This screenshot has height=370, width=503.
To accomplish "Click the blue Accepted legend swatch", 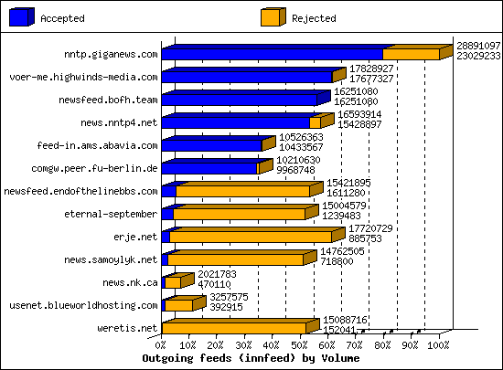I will (x=22, y=17).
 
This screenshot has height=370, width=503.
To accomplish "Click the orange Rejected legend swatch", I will (x=272, y=17).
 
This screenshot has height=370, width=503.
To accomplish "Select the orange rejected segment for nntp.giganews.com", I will (x=411, y=54).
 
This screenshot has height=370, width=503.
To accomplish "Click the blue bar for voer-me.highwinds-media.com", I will (x=246, y=77).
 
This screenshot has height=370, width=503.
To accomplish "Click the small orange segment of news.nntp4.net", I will (x=315, y=122).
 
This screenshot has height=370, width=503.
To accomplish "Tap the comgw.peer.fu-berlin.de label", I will (x=107, y=168).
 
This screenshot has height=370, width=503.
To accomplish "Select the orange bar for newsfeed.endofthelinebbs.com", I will (x=242, y=191).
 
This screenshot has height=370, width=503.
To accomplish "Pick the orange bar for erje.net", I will (x=249, y=237).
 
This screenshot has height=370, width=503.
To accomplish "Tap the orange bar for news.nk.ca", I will (x=172, y=282).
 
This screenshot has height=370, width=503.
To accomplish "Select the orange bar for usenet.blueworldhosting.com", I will (x=178, y=305).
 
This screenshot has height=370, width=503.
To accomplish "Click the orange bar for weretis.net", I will (x=234, y=328).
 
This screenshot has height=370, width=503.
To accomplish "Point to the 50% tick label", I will (x=300, y=345).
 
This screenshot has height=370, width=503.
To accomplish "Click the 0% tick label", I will (x=162, y=345).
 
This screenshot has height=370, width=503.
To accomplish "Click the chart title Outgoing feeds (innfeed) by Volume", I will (x=252, y=359).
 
